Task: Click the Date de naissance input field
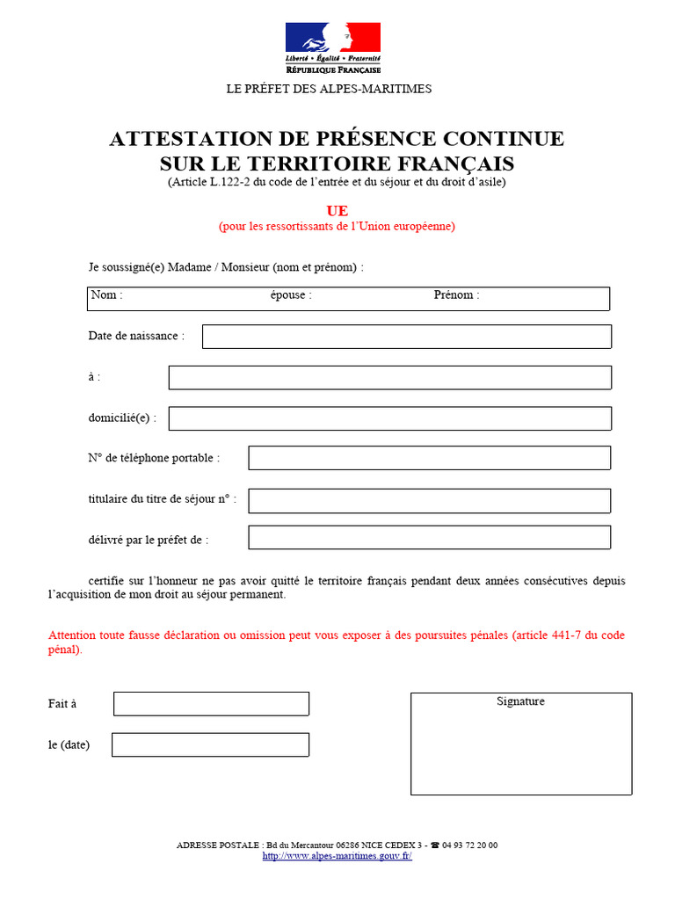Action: (406, 337)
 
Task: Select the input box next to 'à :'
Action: (389, 378)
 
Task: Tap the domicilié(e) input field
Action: (389, 418)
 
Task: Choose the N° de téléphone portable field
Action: (429, 458)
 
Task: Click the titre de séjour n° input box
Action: (429, 501)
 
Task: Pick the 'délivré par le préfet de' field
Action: (429, 538)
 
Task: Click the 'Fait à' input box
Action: (211, 704)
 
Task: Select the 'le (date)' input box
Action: (210, 744)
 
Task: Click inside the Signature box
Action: (520, 747)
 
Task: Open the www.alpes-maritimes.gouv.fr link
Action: (337, 856)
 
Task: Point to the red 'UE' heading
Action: (337, 211)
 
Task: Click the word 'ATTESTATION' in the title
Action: (185, 139)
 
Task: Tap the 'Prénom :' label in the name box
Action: (456, 295)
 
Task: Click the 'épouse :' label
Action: (291, 295)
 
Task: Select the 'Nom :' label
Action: (106, 295)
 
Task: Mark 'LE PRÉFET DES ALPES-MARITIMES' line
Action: (329, 89)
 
